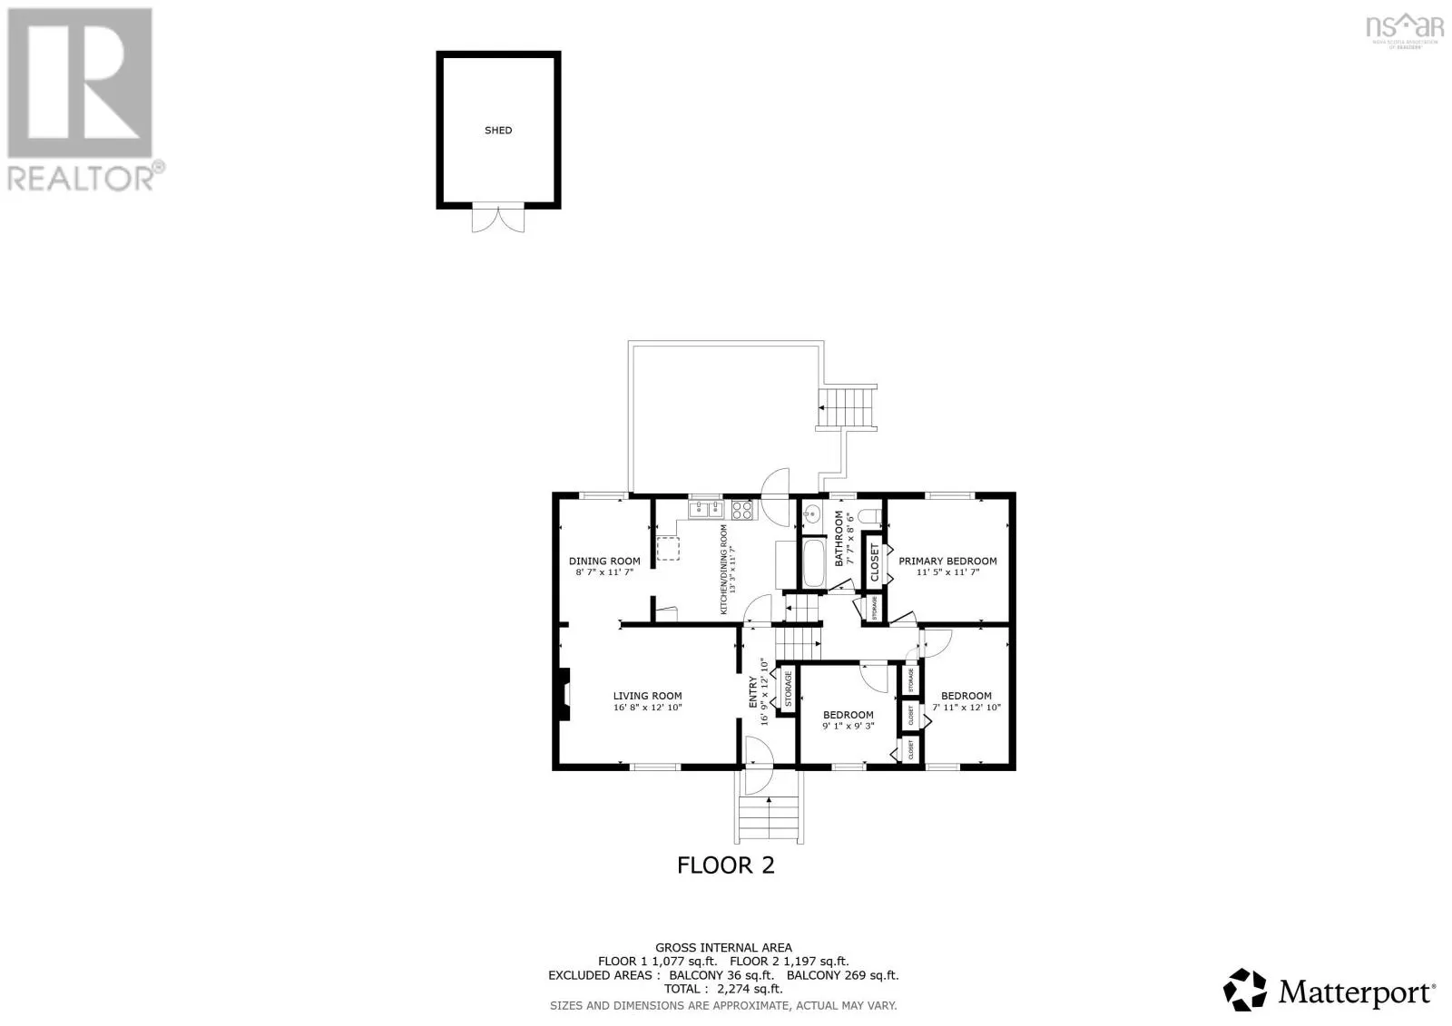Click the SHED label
498,131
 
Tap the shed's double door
498,218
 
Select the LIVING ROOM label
647,697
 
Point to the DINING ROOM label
604,561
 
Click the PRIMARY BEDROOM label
947,561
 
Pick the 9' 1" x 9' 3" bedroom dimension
848,727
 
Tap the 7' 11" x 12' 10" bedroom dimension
966,708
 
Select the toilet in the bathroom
870,516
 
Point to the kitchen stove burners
742,510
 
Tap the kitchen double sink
705,510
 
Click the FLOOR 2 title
726,865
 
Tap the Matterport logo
1330,990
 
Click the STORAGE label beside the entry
787,689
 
